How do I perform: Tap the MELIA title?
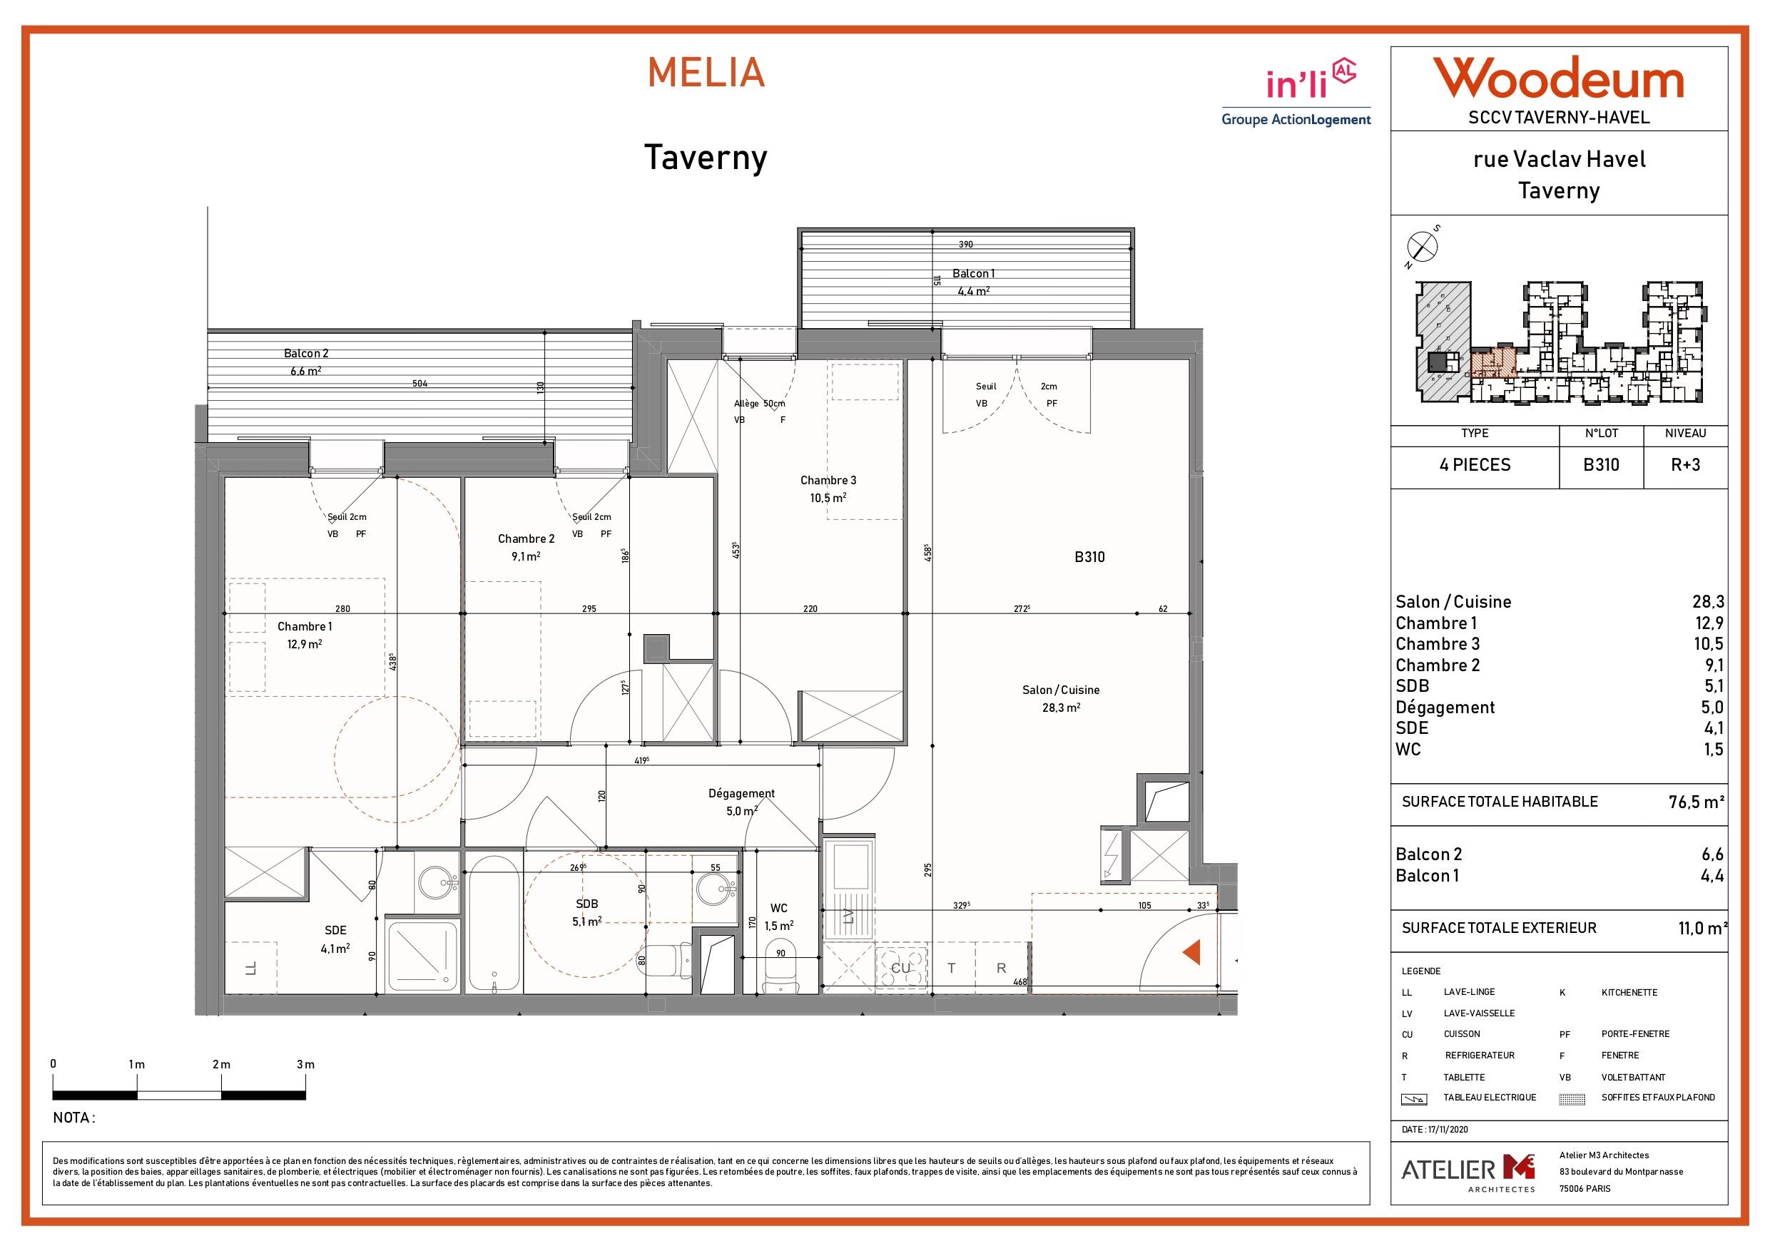click(x=706, y=73)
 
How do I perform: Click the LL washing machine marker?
click(x=250, y=968)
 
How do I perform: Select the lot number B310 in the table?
click(x=1601, y=465)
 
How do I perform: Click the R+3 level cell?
click(x=1684, y=465)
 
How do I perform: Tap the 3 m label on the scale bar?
click(x=305, y=1064)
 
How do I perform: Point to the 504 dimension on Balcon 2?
click(x=419, y=383)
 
